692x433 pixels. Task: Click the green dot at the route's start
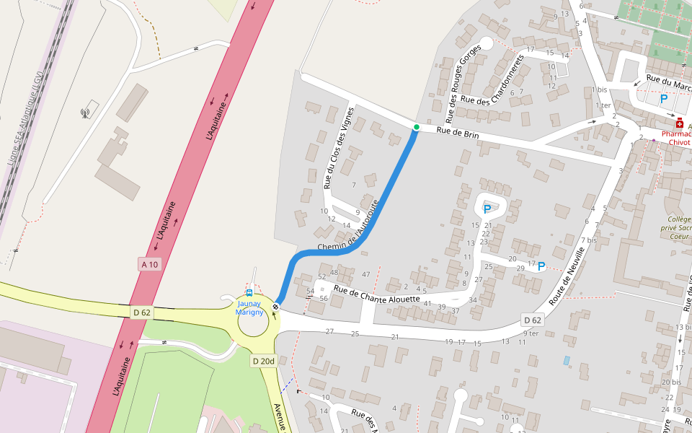pos(416,127)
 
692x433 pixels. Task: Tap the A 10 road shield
pos(149,265)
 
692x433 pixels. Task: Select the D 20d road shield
pos(264,360)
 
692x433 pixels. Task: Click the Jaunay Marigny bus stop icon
pos(249,293)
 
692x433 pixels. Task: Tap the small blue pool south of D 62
pos(566,360)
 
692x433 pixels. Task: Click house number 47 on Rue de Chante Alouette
pos(365,274)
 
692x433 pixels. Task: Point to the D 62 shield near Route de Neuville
pos(532,320)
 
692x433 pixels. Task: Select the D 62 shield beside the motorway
pos(142,312)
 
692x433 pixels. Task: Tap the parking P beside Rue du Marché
pos(663,99)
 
